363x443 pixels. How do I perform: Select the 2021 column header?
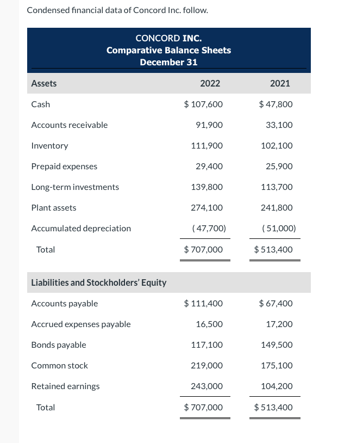[x=279, y=83]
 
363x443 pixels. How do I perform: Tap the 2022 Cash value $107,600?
[x=203, y=104]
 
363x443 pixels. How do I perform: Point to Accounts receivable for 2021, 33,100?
[x=279, y=125]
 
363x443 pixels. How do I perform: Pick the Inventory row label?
[x=49, y=145]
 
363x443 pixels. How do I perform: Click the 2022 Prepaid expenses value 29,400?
[x=207, y=166]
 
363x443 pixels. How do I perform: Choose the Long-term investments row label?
[x=75, y=187]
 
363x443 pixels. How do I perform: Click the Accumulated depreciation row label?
[x=81, y=228]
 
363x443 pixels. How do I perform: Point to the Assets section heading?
[x=44, y=83]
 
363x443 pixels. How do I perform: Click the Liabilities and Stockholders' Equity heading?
[x=99, y=282]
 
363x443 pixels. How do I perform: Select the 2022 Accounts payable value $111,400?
[x=203, y=303]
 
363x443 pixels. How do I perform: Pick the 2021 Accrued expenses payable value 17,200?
[x=279, y=324]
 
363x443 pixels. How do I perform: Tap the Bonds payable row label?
[x=59, y=344]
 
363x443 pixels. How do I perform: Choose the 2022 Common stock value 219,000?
[x=207, y=365]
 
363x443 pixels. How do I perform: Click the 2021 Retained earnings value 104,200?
[x=277, y=386]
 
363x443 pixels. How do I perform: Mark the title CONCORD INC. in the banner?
[x=168, y=38]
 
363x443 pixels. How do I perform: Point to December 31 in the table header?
[x=168, y=62]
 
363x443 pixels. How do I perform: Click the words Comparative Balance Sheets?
[x=168, y=50]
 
